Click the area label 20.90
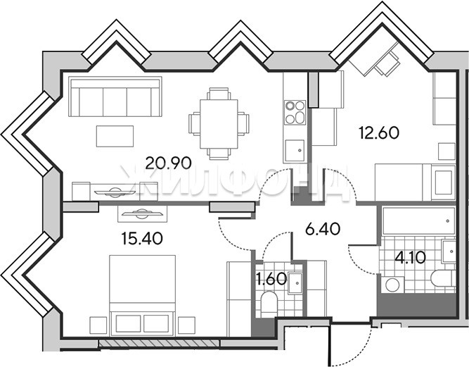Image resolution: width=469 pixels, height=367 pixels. click(168, 163)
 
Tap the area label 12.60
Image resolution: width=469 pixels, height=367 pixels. click(379, 132)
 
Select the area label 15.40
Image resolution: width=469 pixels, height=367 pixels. click(142, 239)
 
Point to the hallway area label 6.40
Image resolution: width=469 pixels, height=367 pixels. click(323, 229)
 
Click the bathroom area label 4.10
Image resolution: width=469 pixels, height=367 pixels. click(410, 257)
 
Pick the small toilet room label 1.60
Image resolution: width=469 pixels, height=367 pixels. click(271, 279)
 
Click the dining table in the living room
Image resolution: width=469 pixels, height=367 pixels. click(219, 124)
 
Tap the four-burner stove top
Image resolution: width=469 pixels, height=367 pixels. click(295, 112)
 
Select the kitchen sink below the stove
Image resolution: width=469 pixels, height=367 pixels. click(295, 151)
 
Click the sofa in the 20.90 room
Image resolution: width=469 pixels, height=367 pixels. click(115, 97)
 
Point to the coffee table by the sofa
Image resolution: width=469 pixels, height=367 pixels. click(115, 137)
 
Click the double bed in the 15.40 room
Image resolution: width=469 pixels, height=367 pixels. click(142, 295)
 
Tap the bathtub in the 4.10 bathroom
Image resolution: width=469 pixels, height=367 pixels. click(419, 220)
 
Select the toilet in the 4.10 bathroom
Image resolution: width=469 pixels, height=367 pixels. click(443, 279)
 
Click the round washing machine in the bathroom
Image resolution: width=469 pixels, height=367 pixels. click(392, 285)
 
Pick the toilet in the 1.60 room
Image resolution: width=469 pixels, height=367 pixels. click(269, 304)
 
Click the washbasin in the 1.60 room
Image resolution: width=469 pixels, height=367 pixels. click(295, 282)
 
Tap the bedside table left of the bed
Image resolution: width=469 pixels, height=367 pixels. click(98, 325)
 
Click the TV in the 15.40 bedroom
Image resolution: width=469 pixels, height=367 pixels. click(142, 213)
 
